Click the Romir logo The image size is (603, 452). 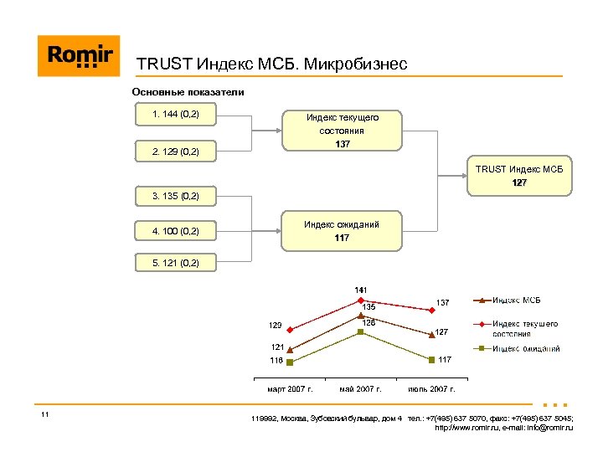[x=79, y=56]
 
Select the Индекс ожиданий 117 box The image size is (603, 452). [x=341, y=231]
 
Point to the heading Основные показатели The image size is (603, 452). [x=188, y=92]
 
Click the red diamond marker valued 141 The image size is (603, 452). [x=360, y=300]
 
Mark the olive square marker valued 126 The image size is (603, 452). [x=360, y=331]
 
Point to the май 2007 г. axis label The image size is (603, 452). [x=360, y=389]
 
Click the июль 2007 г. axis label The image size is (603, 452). [x=431, y=389]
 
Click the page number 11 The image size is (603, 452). [x=44, y=415]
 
